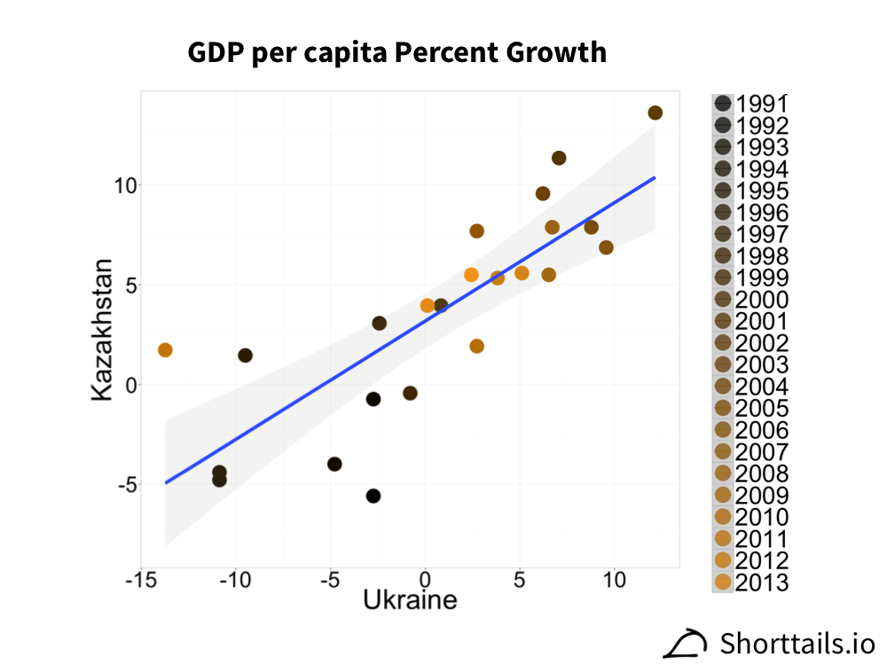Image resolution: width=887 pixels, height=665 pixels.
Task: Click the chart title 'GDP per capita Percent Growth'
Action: [x=396, y=53]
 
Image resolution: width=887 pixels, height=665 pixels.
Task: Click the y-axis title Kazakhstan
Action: [x=104, y=330]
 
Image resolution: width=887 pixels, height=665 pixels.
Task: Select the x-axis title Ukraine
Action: [x=410, y=600]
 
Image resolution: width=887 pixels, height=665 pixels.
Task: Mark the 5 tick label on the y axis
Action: [x=124, y=286]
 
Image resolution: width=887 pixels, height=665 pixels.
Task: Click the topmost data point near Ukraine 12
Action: [x=655, y=113]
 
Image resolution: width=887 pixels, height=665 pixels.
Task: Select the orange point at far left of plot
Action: [x=165, y=350]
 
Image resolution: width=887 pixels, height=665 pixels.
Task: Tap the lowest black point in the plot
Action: [x=373, y=496]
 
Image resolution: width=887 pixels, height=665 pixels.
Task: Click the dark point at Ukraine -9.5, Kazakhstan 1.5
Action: [x=245, y=356]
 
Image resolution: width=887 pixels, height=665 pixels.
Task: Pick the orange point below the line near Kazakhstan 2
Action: [x=476, y=346]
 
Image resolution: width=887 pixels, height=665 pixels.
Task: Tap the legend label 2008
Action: [x=761, y=473]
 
